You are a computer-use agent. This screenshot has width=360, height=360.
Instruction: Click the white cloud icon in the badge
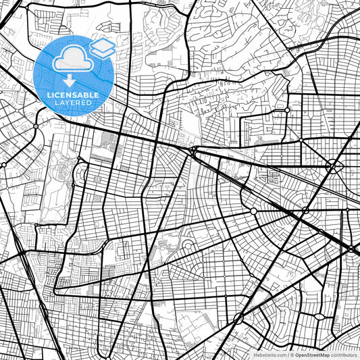69,60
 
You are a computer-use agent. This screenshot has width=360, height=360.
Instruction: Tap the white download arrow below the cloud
70,79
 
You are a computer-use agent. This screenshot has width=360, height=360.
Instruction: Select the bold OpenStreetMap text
312,355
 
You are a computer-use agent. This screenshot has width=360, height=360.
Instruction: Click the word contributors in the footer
344,355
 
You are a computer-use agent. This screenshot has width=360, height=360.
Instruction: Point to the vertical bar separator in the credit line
286,355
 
